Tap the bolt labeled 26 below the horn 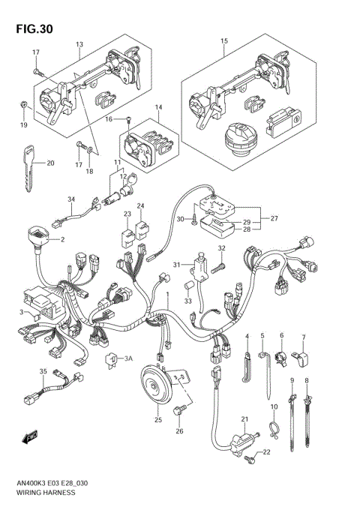pyautogui.click(x=180, y=411)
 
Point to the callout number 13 pyautogui.click(x=79, y=45)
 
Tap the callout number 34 pyautogui.click(x=71, y=199)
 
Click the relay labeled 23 pyautogui.click(x=127, y=235)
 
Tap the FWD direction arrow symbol pyautogui.click(x=31, y=436)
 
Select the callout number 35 pyautogui.click(x=43, y=372)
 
